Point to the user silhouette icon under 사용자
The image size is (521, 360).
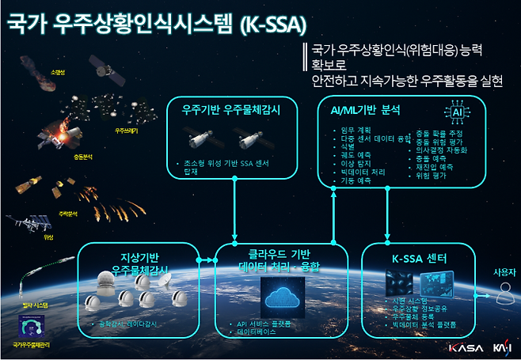pyautogui.click(x=504, y=294)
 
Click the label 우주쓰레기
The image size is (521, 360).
pyautogui.click(x=126, y=131)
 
